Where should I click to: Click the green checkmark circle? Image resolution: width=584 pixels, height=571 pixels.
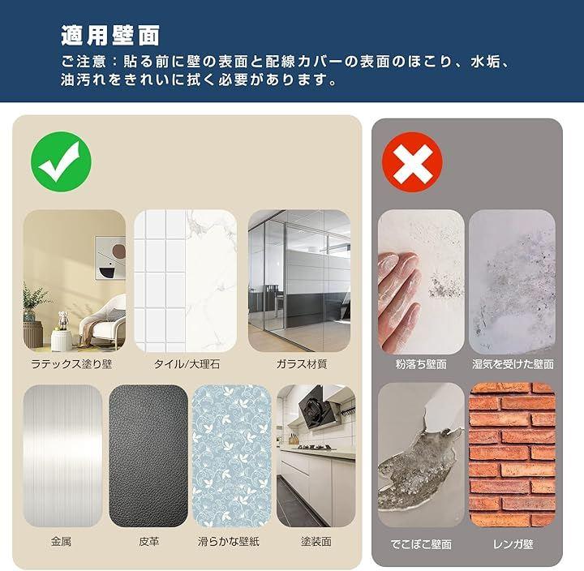tap(61, 161)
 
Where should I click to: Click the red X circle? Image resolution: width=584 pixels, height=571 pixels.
tap(412, 162)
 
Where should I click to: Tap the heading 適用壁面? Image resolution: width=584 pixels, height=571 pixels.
tap(110, 36)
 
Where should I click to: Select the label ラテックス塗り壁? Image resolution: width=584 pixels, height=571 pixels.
tap(71, 364)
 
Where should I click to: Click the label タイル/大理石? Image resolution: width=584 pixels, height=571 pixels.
tap(187, 364)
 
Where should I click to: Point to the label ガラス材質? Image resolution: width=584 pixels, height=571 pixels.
tap(302, 364)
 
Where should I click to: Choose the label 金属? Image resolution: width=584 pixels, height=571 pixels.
tap(61, 541)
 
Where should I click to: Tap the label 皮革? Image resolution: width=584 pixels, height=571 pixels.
tap(149, 541)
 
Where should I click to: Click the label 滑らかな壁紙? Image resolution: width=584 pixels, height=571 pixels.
tap(229, 541)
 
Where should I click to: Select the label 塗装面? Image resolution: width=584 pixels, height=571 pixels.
tap(316, 541)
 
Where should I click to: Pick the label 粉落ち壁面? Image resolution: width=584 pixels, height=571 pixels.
tap(421, 364)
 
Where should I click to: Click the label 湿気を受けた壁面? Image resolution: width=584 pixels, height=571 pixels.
tap(513, 364)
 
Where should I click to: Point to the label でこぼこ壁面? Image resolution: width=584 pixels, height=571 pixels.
tap(421, 544)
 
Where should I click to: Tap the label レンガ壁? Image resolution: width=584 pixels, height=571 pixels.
tap(513, 544)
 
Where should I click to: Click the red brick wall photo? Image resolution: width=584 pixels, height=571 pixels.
tap(513, 455)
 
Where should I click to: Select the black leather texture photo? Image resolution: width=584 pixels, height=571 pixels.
tap(148, 457)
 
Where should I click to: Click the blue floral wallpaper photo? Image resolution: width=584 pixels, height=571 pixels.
tap(232, 457)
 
